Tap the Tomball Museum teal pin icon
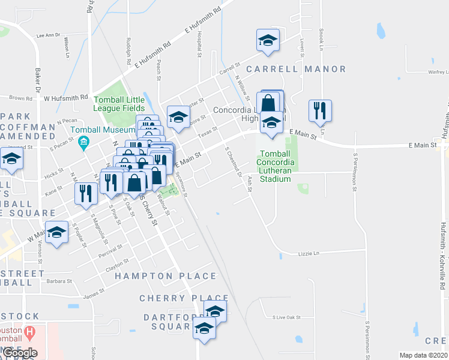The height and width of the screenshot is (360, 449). click(83, 143)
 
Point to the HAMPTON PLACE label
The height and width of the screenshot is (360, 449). click(165, 276)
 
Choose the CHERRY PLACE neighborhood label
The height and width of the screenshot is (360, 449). click(184, 298)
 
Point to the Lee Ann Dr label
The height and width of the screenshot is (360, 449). click(49, 35)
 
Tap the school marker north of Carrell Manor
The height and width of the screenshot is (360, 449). click(268, 40)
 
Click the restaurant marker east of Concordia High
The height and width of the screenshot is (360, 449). click(319, 110)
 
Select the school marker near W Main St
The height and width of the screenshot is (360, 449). click(56, 232)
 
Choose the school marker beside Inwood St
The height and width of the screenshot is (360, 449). click(11, 160)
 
